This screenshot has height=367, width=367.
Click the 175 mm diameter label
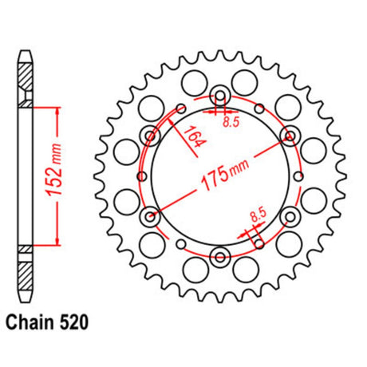click(x=225, y=175)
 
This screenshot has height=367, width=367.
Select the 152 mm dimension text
click(x=54, y=170)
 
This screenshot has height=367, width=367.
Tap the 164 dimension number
click(x=195, y=136)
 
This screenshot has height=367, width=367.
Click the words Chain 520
click(x=47, y=322)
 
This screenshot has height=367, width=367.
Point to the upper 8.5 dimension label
click(x=231, y=122)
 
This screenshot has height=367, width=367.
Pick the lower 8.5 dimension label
click(x=258, y=215)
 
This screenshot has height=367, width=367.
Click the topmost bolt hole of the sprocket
click(x=220, y=95)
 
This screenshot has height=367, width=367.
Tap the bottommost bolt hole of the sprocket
click(x=220, y=257)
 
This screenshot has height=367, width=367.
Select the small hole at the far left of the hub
click(x=142, y=176)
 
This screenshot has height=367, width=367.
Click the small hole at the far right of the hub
click(x=299, y=176)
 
